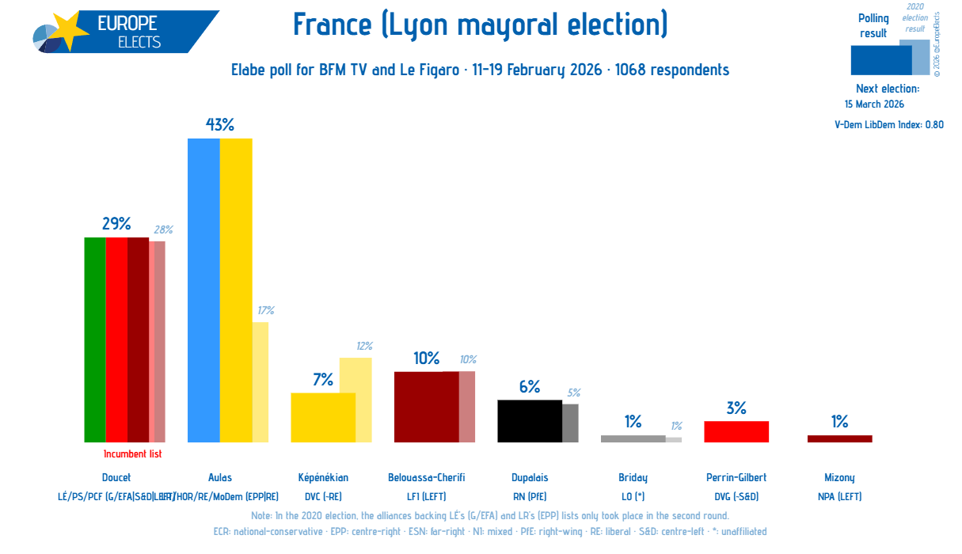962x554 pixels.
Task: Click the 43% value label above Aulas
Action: point(219,125)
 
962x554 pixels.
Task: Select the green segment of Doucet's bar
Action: point(94,340)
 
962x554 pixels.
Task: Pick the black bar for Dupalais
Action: point(529,421)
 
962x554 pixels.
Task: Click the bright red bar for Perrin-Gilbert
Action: point(736,431)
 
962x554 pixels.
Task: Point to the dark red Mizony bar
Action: point(839,438)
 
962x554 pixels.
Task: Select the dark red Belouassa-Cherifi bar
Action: point(426,407)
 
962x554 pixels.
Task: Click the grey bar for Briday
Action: point(633,438)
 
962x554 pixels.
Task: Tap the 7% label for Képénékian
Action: point(323,380)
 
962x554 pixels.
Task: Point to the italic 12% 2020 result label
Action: point(363,346)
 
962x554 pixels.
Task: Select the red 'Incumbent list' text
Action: point(132,454)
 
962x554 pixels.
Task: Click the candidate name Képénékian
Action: point(323,477)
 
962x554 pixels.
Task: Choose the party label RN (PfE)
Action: point(530,497)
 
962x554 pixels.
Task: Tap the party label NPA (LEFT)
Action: point(839,497)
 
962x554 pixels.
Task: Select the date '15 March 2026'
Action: point(874,104)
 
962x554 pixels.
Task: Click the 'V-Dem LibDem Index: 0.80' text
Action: point(889,124)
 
